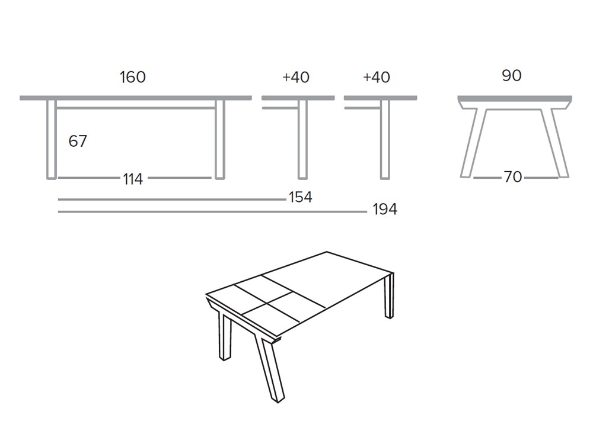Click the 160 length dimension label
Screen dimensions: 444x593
point(132,78)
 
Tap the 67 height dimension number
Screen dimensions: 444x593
point(78,141)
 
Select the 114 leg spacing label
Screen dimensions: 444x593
point(133,179)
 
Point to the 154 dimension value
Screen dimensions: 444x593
point(300,197)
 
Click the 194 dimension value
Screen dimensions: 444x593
point(385,210)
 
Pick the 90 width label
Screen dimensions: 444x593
point(511,76)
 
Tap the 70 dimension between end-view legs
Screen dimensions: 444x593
point(512,177)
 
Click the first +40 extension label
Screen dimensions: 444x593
point(296,78)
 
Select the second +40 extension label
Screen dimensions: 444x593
point(377,78)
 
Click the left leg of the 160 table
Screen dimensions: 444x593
point(51,139)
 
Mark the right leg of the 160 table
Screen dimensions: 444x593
point(220,139)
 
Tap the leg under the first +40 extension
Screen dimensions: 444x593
point(302,139)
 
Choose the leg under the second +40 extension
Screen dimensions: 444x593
point(385,139)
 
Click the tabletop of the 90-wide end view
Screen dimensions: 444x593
point(514,98)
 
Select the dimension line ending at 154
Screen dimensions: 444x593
point(172,200)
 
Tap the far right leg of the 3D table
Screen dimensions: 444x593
point(389,296)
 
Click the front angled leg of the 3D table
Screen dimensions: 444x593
point(268,367)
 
